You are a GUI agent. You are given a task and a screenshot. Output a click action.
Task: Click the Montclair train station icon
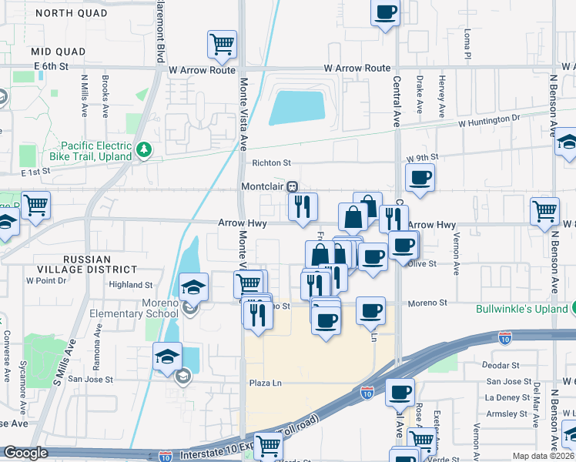[x=293, y=187]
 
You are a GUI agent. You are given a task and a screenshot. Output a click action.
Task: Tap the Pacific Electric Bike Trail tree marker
[x=142, y=149]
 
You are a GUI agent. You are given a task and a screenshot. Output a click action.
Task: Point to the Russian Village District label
[x=88, y=265]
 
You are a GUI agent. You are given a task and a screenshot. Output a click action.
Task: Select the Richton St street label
[x=271, y=163]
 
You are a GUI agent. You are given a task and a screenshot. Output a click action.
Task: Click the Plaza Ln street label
[x=266, y=383]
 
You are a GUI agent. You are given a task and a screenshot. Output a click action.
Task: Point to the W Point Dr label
[x=47, y=280]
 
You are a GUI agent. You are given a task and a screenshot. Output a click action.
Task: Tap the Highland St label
[x=126, y=284]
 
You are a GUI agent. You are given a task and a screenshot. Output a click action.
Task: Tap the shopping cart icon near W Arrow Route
[x=222, y=45]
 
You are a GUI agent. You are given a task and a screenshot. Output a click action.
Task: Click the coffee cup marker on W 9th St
[x=420, y=178]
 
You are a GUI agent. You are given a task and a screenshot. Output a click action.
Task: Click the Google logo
[x=26, y=454]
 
